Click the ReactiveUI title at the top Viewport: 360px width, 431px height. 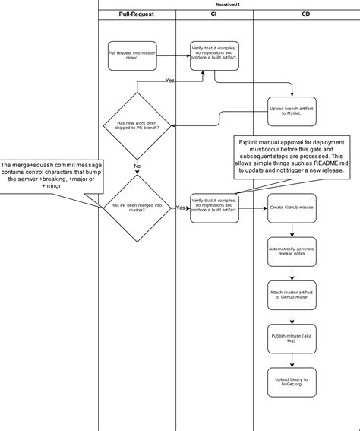229,5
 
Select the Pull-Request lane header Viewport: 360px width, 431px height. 137,14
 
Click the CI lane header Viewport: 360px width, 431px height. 213,14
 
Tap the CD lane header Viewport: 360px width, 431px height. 305,14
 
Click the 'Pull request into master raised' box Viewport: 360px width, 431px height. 132,55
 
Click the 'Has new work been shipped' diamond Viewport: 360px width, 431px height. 137,125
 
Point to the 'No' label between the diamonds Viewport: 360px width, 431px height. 137,166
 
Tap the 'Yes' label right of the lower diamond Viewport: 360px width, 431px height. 182,208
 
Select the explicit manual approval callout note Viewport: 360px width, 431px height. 291,157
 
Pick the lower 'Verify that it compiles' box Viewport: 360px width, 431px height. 215,207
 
